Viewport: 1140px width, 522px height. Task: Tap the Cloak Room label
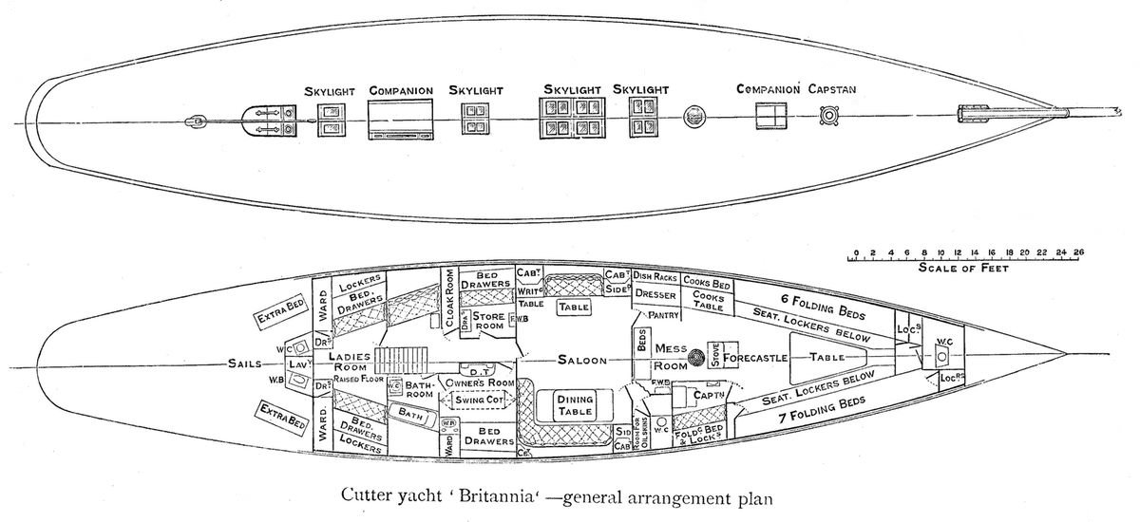pyautogui.click(x=448, y=300)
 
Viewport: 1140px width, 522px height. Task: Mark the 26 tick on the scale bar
pyautogui.click(x=1080, y=252)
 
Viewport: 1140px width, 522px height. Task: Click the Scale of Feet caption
pyautogui.click(x=963, y=269)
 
